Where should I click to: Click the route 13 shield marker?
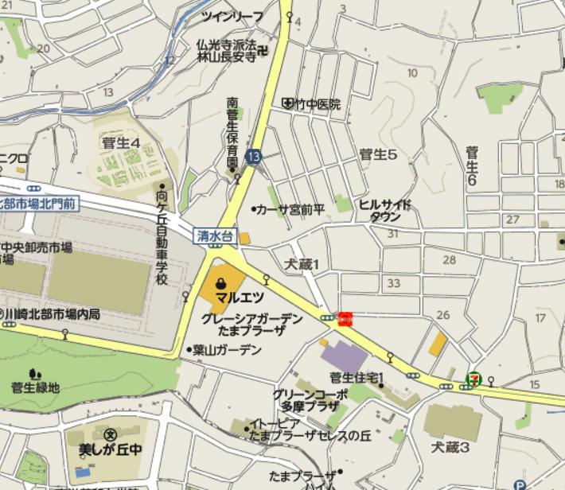tap(254, 157)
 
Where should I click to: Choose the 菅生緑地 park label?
tap(35, 387)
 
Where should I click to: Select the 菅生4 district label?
tap(121, 143)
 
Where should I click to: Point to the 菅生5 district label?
tap(378, 154)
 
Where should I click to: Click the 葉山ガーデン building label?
tap(227, 349)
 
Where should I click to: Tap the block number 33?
tap(392, 283)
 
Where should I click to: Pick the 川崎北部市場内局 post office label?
tap(53, 314)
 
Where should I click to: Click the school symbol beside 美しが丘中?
tap(111, 434)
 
